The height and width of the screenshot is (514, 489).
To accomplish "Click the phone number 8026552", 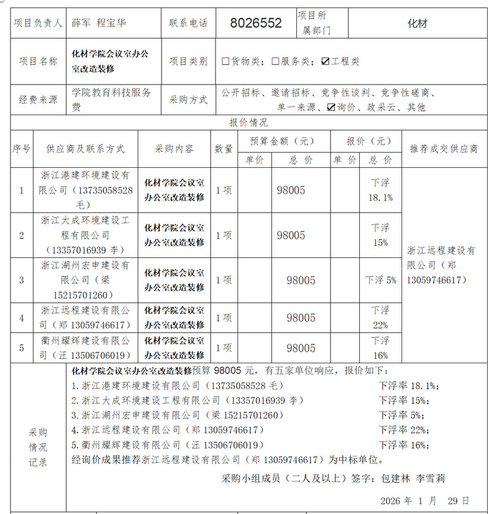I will [x=256, y=23].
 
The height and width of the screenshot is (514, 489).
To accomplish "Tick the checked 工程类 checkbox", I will [x=325, y=61].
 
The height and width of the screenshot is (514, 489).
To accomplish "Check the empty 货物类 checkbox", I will [x=226, y=61].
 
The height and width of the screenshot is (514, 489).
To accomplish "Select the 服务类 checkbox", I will [x=276, y=61].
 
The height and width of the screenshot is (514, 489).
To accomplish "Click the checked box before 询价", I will [x=331, y=107].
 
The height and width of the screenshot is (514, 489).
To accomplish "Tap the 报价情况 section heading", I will [x=248, y=122].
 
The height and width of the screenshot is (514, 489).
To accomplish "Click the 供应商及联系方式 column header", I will [x=85, y=148].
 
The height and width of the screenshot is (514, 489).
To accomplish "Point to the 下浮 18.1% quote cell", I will [x=380, y=190].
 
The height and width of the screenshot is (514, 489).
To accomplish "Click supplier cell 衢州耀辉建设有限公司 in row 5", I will [x=85, y=348].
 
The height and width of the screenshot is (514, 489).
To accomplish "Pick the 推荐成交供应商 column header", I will [x=444, y=148].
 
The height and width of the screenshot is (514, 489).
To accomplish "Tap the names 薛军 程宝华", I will [x=99, y=23].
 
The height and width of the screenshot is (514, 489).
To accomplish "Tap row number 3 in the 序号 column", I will [x=21, y=280].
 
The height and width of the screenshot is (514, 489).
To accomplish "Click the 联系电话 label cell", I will [x=189, y=23].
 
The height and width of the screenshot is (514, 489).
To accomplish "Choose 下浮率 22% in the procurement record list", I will [x=403, y=430].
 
